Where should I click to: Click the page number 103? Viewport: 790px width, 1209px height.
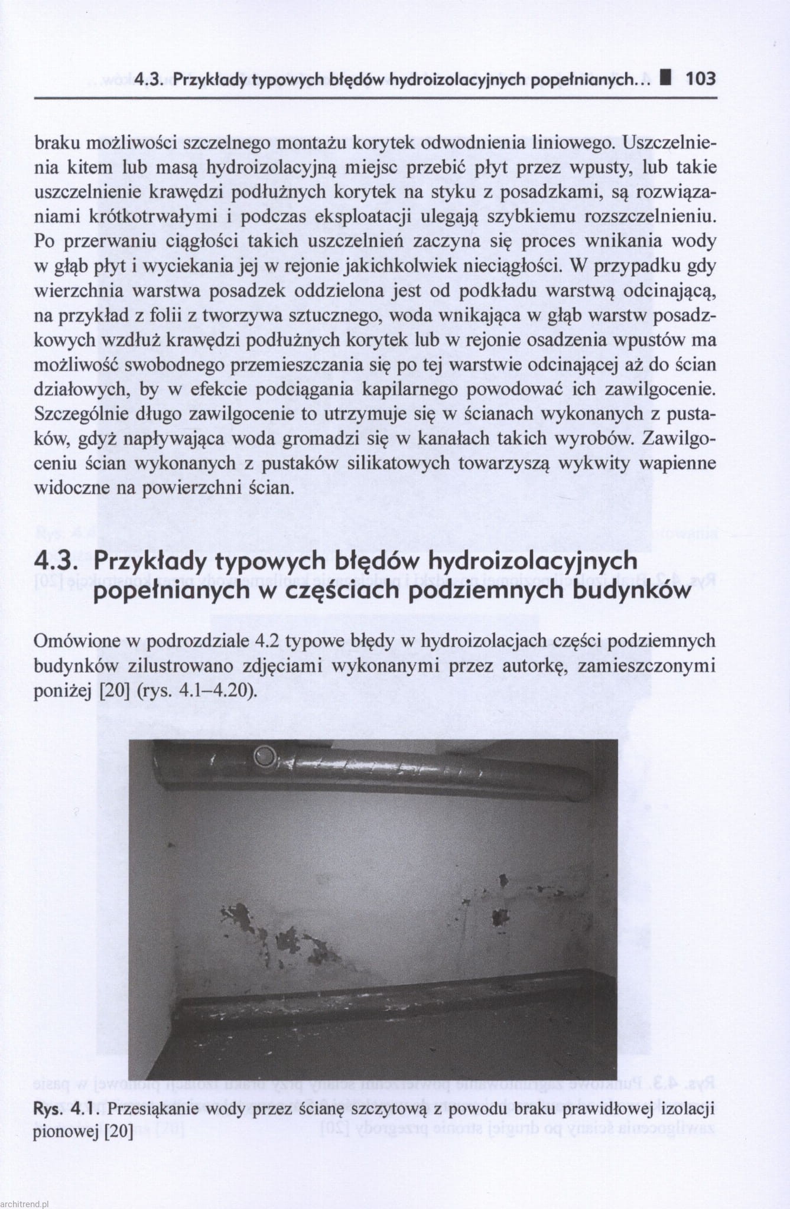coord(700,79)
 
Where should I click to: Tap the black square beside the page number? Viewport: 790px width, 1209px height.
coord(667,78)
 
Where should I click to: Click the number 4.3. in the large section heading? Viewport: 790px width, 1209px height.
coord(58,560)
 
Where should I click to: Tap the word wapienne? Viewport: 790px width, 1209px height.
coord(678,463)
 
